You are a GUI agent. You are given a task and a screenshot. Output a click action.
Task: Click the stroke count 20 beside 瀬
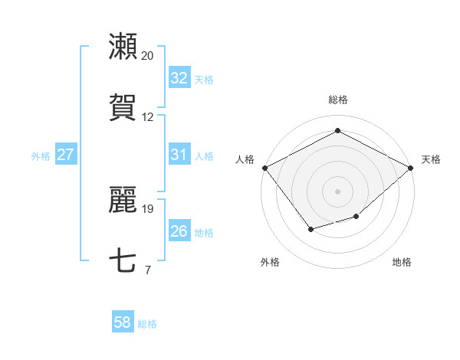(147, 56)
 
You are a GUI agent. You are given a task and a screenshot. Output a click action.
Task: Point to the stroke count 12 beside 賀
(147, 117)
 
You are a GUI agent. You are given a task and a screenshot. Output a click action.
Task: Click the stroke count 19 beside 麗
(147, 208)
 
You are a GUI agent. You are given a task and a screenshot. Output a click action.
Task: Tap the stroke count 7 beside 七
(147, 270)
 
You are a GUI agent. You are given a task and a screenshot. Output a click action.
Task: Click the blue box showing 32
(179, 77)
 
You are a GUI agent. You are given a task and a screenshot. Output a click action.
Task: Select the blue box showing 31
(179, 155)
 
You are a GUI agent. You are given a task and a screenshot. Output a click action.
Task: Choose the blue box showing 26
(179, 231)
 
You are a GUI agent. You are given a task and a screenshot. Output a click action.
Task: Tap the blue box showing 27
(66, 155)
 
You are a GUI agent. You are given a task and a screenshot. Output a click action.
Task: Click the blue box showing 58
(123, 323)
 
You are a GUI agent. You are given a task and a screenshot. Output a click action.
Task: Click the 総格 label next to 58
(147, 324)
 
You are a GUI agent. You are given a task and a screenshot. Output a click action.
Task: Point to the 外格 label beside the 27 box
(41, 155)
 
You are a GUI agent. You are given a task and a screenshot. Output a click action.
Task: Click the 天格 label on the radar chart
(431, 159)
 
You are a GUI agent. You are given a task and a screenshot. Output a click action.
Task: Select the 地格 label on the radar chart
(402, 263)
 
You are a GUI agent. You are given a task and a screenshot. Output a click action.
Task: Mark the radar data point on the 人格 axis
(264, 168)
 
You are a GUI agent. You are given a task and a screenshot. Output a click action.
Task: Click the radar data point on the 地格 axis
(356, 217)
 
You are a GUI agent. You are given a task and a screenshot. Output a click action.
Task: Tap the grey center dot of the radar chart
(337, 191)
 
